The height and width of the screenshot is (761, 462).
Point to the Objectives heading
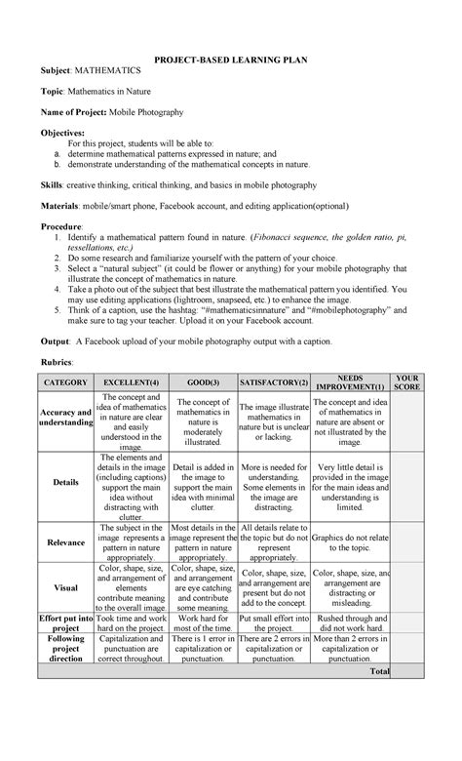[61, 131]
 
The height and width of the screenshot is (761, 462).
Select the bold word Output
[55, 341]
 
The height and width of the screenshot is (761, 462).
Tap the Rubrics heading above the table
[59, 362]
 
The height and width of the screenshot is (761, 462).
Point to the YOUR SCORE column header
[406, 382]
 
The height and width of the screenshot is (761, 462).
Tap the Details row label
[65, 483]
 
